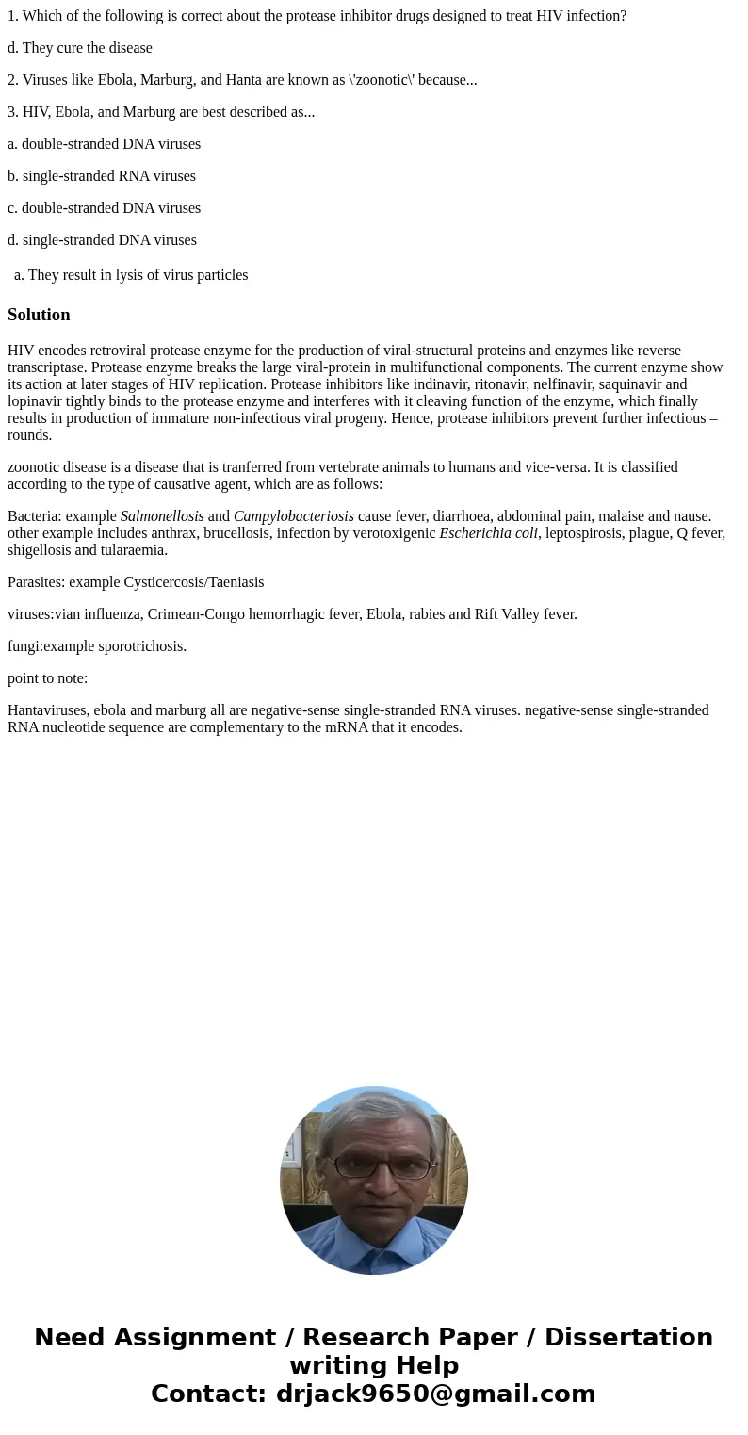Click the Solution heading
[x=39, y=315]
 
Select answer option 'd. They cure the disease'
[x=80, y=48]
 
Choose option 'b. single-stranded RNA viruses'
[x=102, y=176]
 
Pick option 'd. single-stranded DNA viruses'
[x=102, y=240]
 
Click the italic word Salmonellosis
[x=162, y=516]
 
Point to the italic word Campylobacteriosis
[x=294, y=516]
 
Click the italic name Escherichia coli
[x=489, y=533]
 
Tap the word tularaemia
[x=135, y=550]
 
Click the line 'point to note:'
[x=47, y=678]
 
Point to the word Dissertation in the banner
[x=628, y=1337]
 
